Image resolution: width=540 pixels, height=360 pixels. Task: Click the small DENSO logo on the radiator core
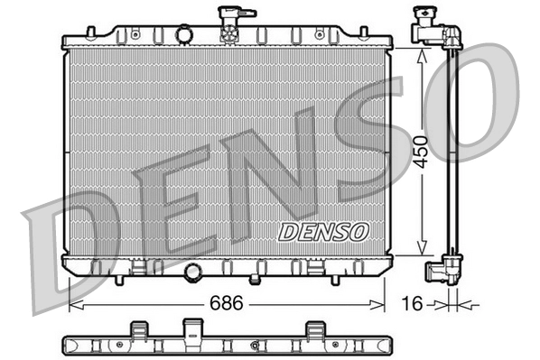pos(322,231)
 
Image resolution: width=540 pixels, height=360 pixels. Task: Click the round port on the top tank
pos(183,35)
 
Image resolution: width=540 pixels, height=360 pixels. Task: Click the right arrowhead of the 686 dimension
pos(380,304)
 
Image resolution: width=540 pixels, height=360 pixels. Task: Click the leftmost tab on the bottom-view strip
pos(138,329)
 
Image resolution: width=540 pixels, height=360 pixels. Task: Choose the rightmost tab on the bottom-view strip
pos(315,329)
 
